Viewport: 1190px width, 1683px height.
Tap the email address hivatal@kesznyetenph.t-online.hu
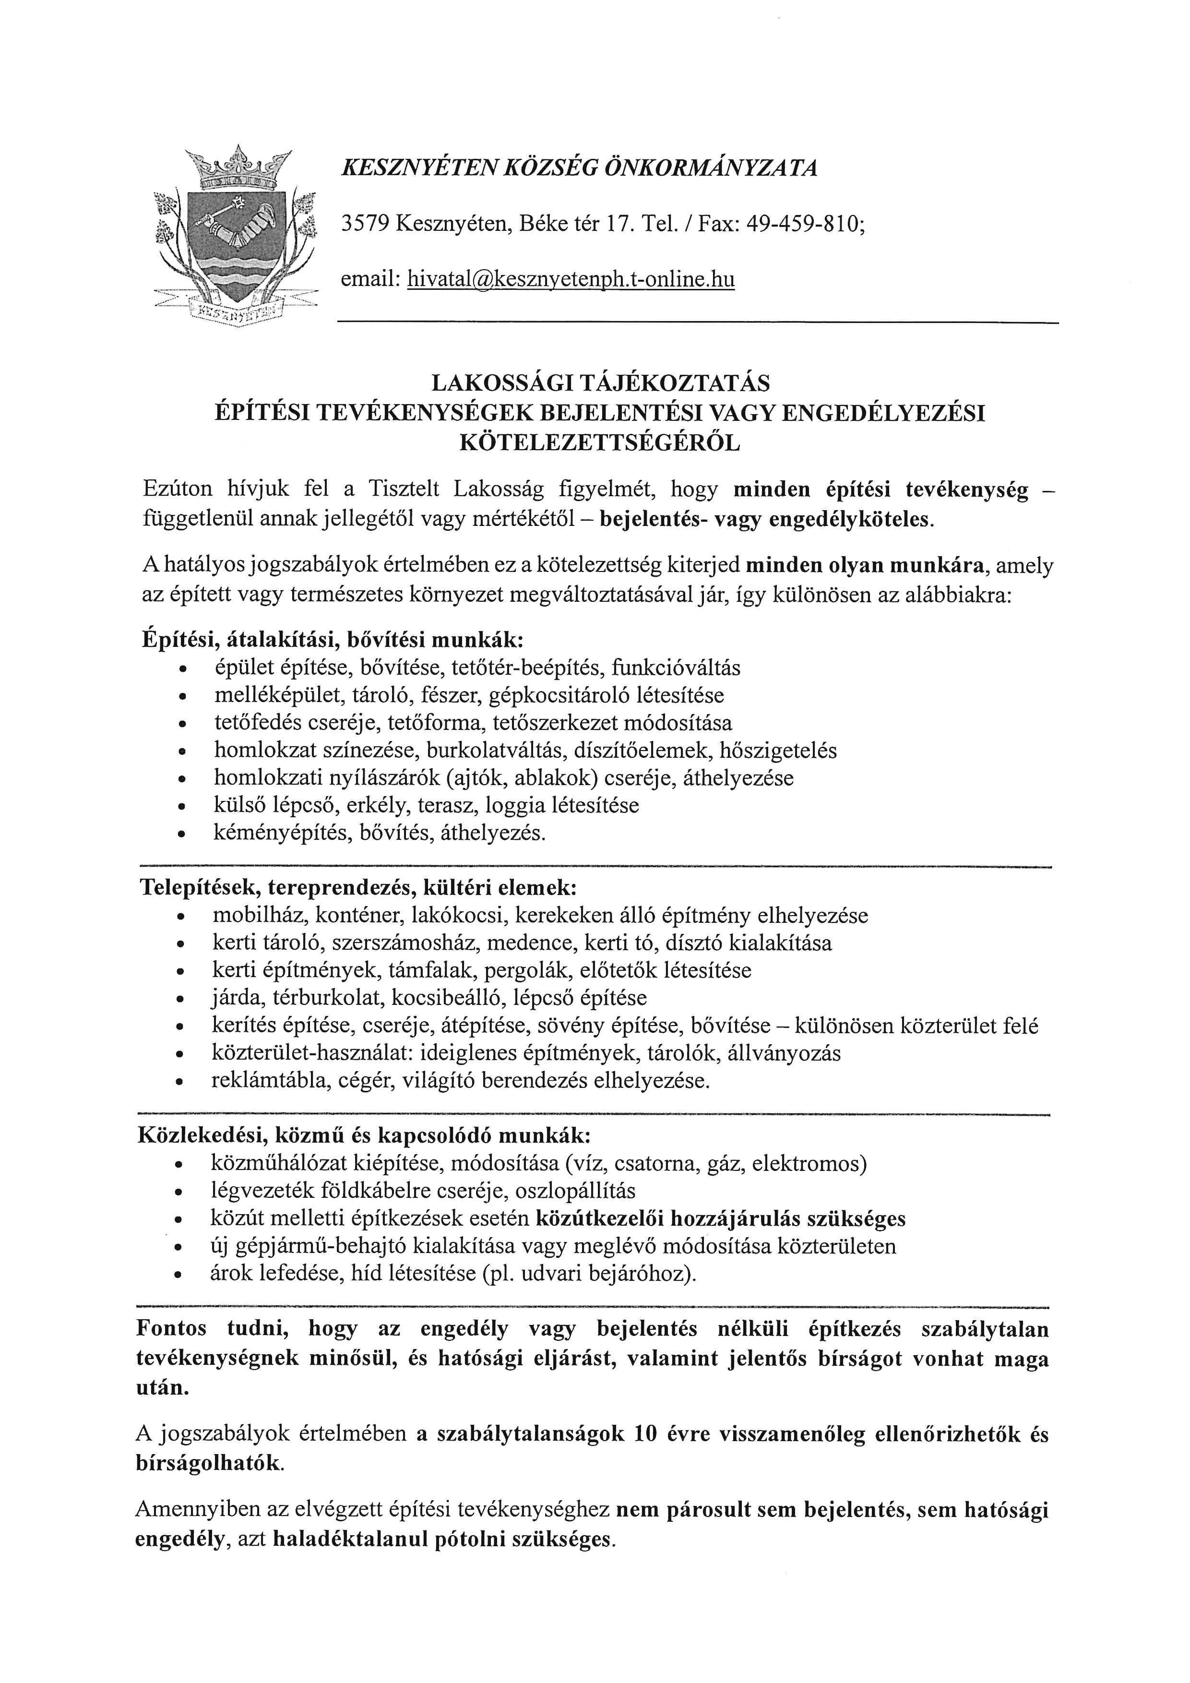(x=571, y=279)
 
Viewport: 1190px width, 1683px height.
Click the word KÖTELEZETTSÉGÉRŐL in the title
(x=599, y=443)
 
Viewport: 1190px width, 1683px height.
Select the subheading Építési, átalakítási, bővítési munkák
(x=333, y=639)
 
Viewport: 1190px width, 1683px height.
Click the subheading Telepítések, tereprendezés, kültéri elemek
(x=358, y=888)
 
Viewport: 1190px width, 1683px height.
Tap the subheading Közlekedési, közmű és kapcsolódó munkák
(x=363, y=1135)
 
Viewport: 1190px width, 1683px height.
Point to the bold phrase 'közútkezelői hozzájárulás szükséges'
(x=721, y=1219)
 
